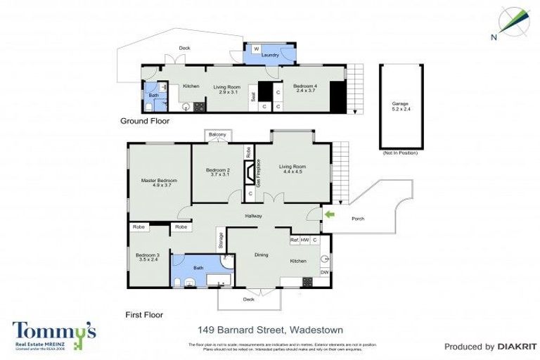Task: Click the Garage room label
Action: [400, 106]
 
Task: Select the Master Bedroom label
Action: [159, 184]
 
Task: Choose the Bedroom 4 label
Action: [308, 88]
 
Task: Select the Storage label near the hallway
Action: [220, 240]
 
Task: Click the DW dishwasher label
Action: [324, 273]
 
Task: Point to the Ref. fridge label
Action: [295, 240]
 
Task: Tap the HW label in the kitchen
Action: [306, 240]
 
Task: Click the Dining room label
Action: [261, 255]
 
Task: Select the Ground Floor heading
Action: [145, 121]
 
